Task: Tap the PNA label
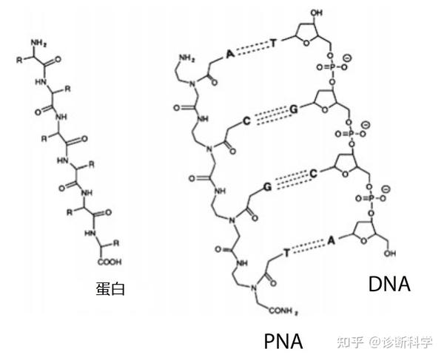point(283,341)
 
